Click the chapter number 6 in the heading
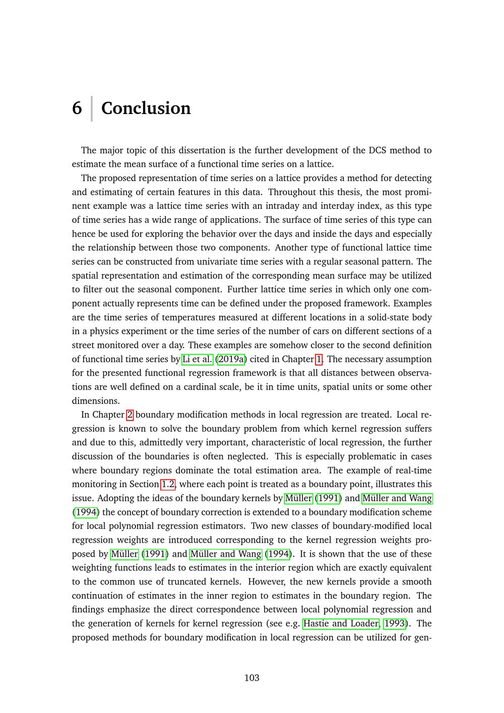click(x=77, y=108)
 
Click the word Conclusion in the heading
click(x=146, y=108)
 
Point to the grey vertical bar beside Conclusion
click(x=92, y=108)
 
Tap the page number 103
click(x=251, y=678)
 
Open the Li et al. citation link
click(x=198, y=359)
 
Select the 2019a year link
click(x=230, y=359)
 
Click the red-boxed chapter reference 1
click(x=319, y=359)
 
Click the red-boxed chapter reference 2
click(x=130, y=415)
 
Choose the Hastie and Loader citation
click(x=341, y=624)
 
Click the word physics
click(x=104, y=331)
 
